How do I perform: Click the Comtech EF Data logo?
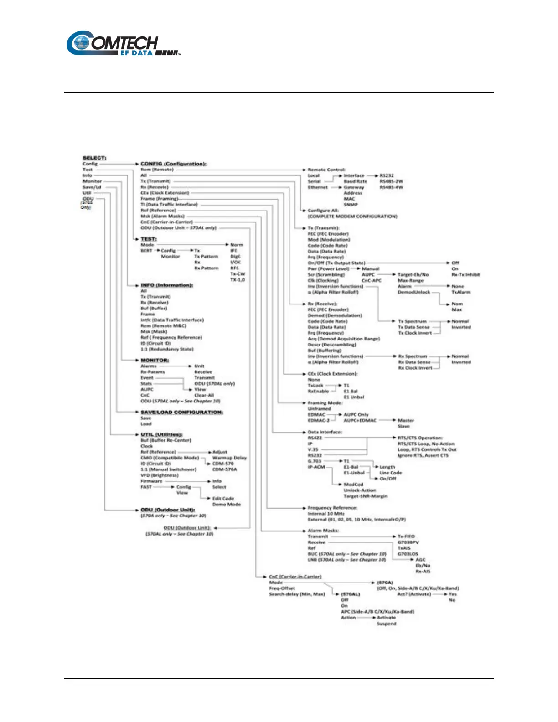point(124,44)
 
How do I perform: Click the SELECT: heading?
point(94,158)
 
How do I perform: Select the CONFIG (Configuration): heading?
point(173,164)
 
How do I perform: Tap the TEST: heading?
point(149,239)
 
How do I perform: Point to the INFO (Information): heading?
point(167,285)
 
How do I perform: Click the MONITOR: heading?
point(155,360)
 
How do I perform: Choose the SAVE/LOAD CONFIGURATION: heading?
point(181,412)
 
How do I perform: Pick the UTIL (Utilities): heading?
point(161,435)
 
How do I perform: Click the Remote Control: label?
point(326,170)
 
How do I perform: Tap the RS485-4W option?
point(391,187)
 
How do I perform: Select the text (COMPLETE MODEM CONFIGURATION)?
point(352,217)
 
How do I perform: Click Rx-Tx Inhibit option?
point(465,275)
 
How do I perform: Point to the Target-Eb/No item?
point(413,275)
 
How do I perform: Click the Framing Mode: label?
point(325,403)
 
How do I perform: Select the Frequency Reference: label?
point(332,508)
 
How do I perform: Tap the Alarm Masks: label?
point(323,531)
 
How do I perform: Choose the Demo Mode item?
point(226,505)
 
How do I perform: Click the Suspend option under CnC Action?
point(386,624)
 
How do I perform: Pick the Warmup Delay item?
point(229,458)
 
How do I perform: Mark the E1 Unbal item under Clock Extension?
point(354,397)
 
